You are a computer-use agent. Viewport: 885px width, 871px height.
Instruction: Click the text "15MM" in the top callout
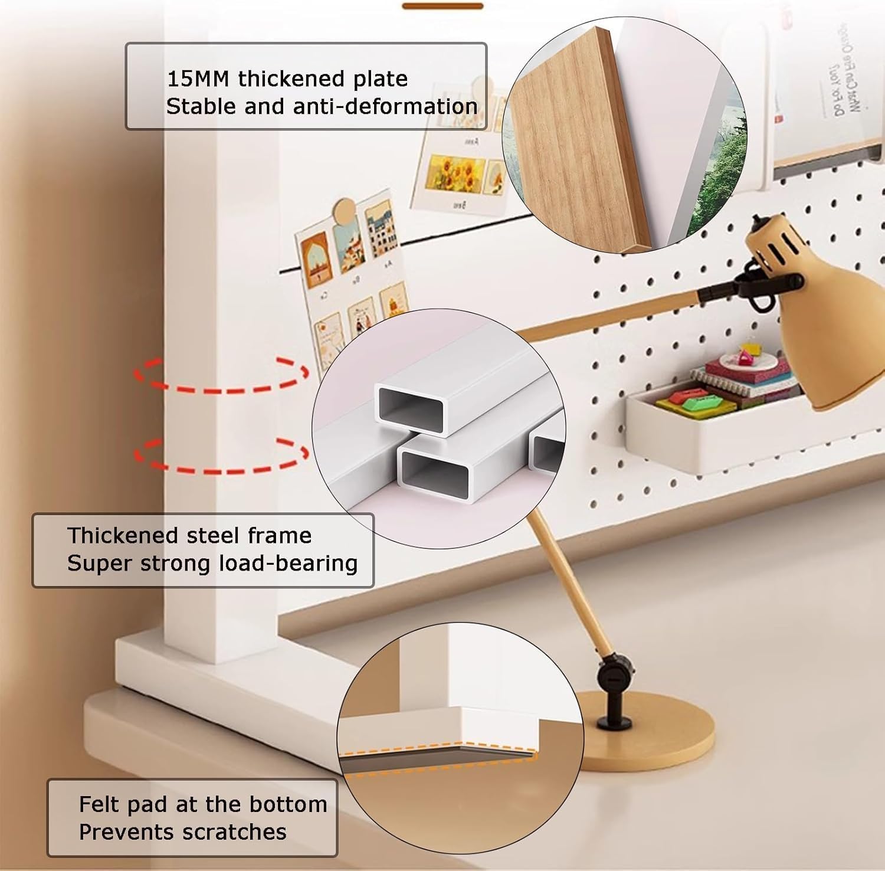pos(199,79)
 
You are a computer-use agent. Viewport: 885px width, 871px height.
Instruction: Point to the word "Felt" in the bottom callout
pos(100,804)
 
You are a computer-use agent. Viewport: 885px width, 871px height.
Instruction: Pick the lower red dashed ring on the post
pos(221,456)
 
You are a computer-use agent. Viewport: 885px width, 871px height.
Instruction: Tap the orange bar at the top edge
pos(442,6)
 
